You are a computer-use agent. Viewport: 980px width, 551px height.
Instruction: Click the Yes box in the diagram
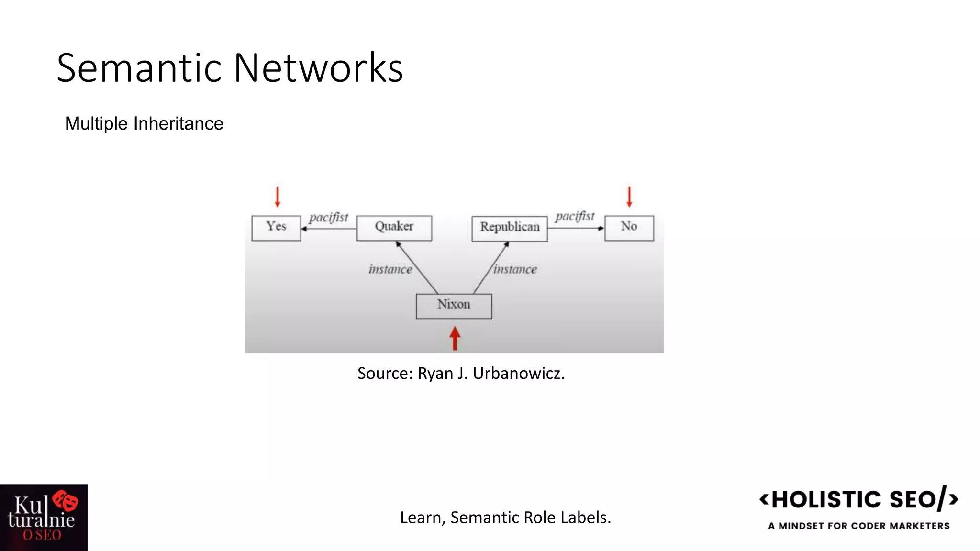click(276, 228)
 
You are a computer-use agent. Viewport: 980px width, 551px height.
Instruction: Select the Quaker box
click(394, 228)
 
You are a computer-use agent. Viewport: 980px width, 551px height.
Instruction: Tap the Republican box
click(510, 229)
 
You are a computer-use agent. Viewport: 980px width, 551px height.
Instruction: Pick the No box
click(629, 228)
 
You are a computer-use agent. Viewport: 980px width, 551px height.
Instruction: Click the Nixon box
click(454, 306)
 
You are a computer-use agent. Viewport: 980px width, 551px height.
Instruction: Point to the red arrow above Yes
click(278, 197)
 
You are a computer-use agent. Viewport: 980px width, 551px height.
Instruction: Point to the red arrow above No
click(629, 197)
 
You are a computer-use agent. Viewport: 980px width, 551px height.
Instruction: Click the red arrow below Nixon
click(455, 338)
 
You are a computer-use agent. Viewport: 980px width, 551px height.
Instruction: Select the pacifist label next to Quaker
click(329, 218)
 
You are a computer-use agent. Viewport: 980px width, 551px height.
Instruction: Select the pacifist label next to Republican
click(575, 217)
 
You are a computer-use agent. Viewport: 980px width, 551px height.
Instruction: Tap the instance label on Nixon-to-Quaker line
click(390, 269)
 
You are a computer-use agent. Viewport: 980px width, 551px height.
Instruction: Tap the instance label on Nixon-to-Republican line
click(515, 269)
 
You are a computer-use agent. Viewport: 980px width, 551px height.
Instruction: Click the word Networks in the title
click(318, 68)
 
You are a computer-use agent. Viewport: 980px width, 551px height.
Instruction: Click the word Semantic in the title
click(141, 68)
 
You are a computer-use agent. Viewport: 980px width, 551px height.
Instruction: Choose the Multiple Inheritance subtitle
click(144, 123)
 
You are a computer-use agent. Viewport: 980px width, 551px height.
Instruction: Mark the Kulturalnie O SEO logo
click(44, 518)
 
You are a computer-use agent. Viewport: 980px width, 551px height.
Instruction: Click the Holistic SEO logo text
click(858, 499)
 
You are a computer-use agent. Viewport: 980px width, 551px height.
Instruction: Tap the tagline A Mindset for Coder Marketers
click(858, 526)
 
